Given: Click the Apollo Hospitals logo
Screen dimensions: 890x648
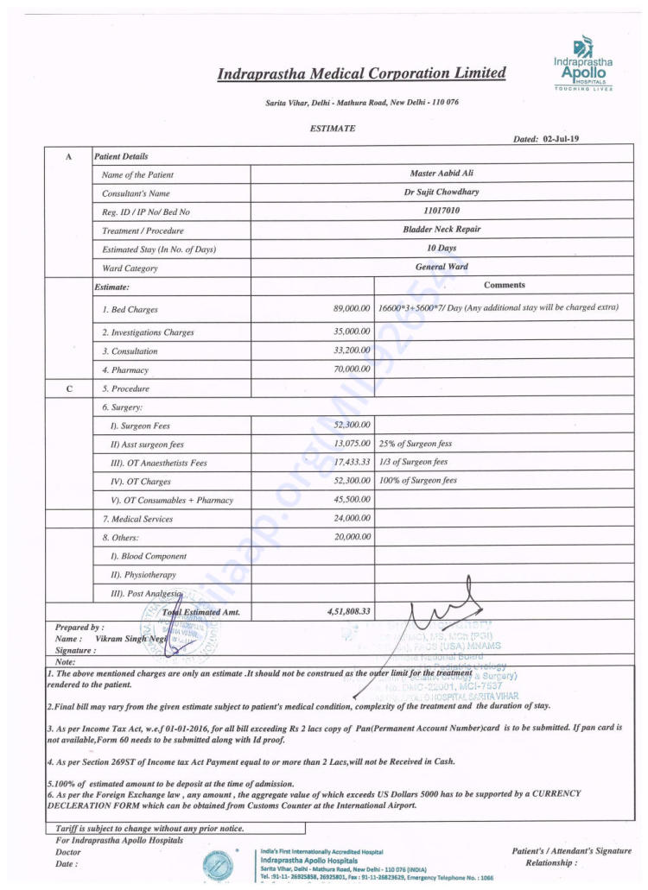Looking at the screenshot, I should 584,62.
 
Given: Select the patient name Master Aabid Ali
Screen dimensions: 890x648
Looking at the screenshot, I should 442,174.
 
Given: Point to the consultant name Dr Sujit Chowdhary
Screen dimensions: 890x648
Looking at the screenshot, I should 442,193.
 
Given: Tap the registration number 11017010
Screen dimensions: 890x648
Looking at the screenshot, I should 442,211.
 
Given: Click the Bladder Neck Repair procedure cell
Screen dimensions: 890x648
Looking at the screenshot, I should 442,230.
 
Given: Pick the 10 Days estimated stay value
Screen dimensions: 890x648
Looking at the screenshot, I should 442,249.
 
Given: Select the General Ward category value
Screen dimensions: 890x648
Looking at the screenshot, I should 442,267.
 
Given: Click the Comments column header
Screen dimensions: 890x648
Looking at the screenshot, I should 505,285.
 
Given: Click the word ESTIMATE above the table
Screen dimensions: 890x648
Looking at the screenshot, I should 332,129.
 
